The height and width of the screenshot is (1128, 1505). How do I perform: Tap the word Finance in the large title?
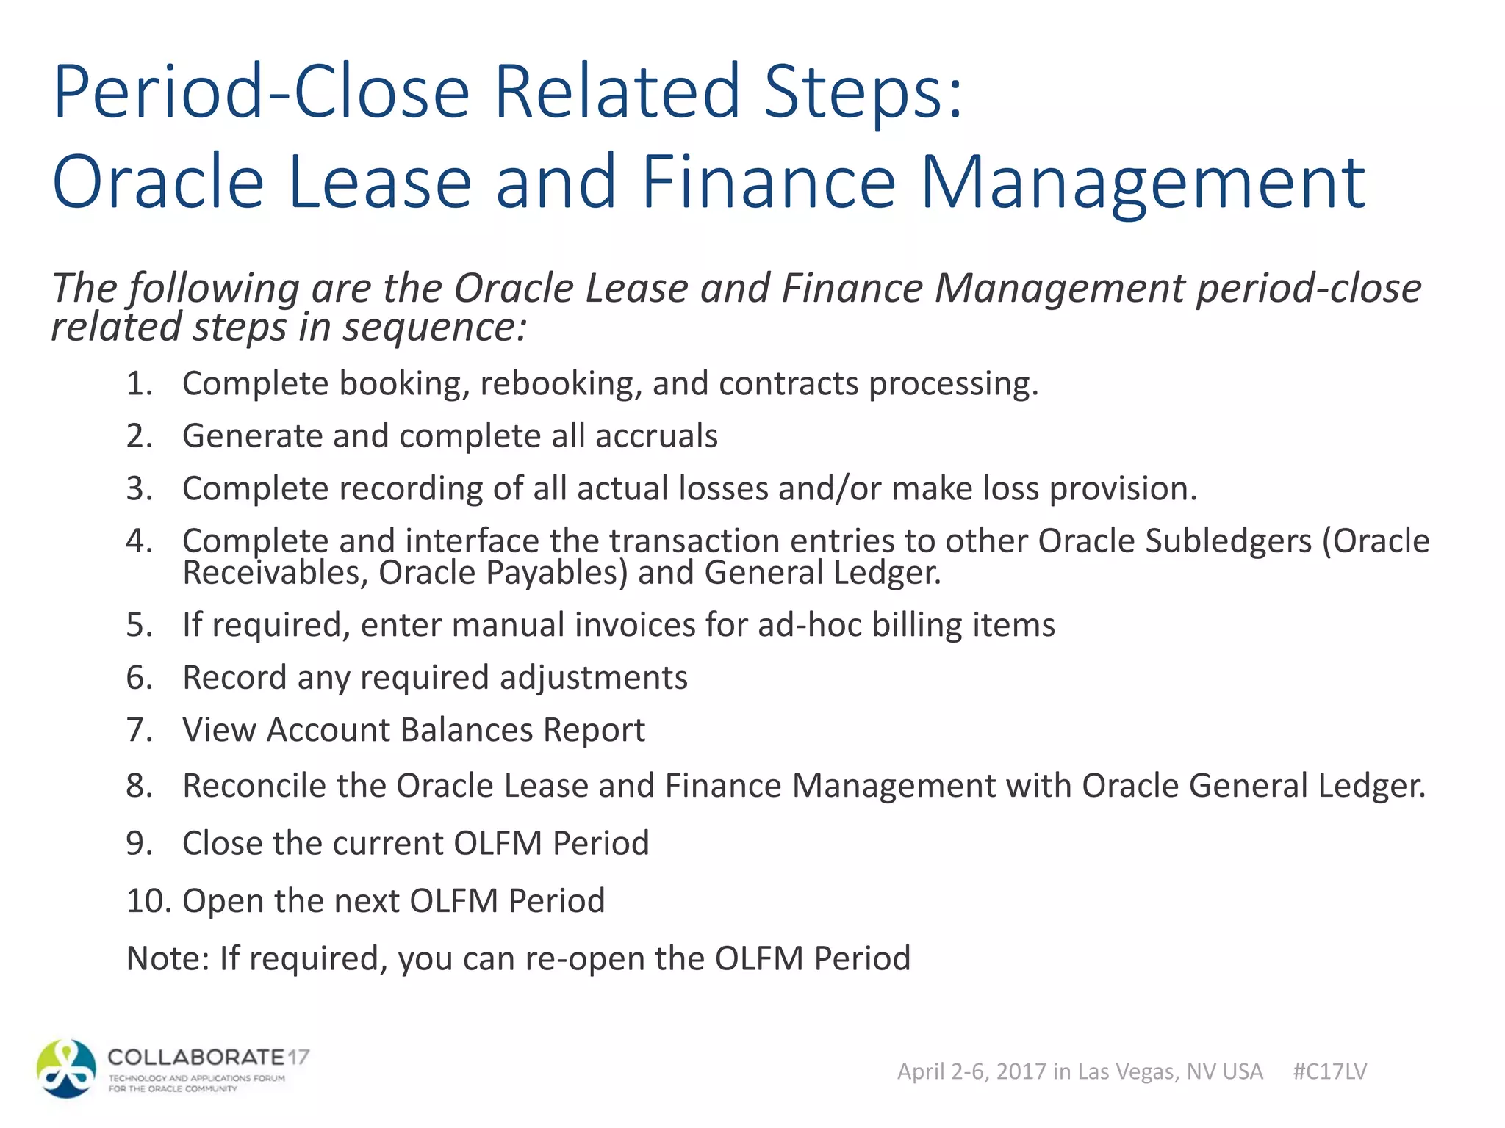tap(769, 182)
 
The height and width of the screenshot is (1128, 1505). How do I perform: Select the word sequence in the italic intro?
tap(434, 327)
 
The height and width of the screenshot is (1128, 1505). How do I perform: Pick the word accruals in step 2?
tap(656, 435)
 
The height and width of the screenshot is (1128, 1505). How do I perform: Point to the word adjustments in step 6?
tap(593, 677)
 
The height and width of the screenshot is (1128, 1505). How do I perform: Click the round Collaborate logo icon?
tap(66, 1069)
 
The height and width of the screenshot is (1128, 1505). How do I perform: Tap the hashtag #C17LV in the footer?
tap(1329, 1071)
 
